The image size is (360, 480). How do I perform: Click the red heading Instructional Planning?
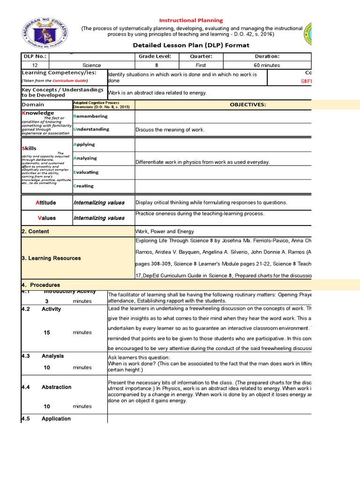pos(191,21)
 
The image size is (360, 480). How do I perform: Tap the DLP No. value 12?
pos(35,65)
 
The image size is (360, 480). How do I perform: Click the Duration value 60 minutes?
pos(267,65)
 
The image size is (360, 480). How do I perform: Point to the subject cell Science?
pos(91,65)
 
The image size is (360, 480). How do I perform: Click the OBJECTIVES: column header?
pos(247,105)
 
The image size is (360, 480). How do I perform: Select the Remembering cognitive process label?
pos(91,116)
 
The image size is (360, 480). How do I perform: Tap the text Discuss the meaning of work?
pos(170,130)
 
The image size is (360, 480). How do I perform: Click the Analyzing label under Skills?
pos(85,158)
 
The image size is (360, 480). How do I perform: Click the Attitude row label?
pos(46,203)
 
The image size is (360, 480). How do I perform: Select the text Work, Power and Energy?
pos(165,232)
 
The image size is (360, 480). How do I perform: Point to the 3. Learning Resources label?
pos(51,258)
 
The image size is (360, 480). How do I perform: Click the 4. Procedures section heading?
pos(41,285)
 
